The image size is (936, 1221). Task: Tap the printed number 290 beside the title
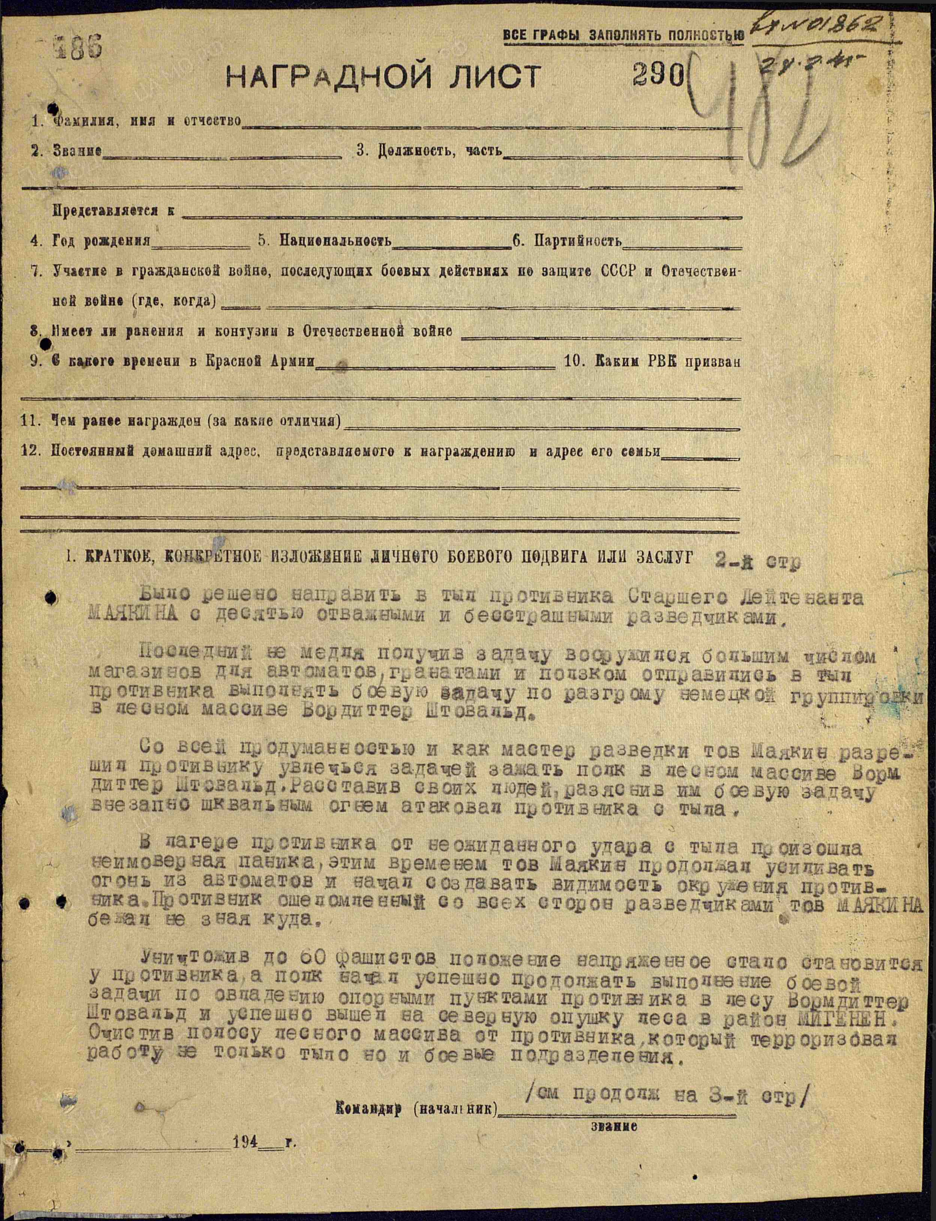(x=658, y=74)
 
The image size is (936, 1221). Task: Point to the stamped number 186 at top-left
(x=78, y=46)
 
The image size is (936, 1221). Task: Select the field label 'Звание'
(x=77, y=150)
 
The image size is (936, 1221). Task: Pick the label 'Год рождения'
(x=102, y=241)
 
